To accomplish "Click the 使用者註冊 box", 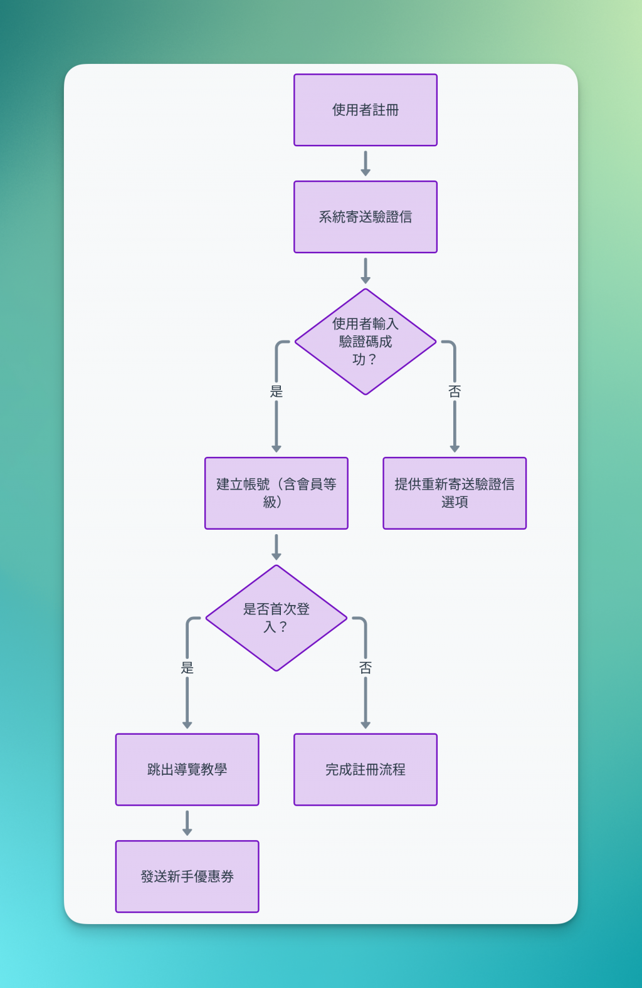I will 366,110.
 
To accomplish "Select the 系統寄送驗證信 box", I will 366,217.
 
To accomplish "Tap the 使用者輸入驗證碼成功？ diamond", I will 366,342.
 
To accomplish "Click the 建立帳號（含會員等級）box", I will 276,493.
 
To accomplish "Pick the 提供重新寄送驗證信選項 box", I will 455,493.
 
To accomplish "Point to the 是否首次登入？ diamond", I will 276,618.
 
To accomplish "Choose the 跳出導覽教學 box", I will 187,770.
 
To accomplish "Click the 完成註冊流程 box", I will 366,770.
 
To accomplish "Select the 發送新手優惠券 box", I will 187,876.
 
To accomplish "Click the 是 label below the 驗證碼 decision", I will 276,392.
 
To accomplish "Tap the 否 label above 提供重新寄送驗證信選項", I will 455,392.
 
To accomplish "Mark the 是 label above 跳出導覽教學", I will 187,668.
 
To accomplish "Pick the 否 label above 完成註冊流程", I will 366,668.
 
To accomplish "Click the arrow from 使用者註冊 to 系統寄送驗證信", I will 366,163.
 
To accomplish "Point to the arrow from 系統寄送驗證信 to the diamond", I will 366,270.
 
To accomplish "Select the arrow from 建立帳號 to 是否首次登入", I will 276,547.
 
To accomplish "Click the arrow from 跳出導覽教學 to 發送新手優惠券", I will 187,822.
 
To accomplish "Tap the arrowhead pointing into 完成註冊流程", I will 366,725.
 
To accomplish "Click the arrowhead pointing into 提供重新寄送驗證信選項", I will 455,449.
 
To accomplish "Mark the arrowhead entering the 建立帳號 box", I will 276,449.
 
